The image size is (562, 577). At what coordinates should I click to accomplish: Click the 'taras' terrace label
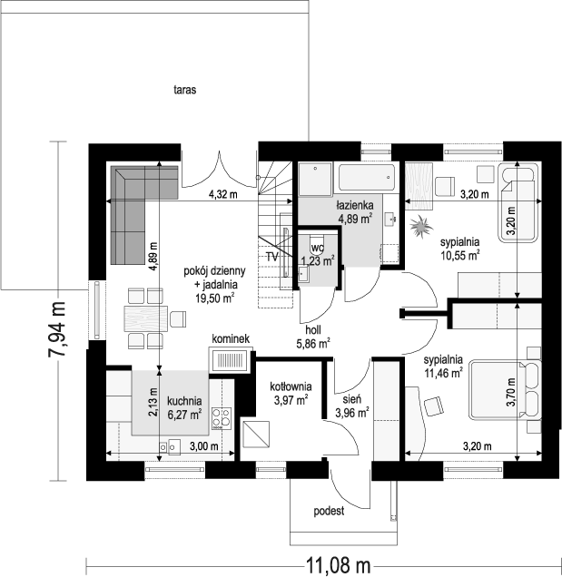(185, 90)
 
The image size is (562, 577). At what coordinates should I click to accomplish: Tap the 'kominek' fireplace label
(231, 338)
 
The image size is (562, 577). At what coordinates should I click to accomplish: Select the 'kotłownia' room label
(291, 386)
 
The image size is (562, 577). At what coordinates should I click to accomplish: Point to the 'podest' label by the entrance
(329, 511)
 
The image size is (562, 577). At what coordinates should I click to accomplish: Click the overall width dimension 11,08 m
(338, 563)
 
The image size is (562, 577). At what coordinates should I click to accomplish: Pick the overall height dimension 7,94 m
(56, 329)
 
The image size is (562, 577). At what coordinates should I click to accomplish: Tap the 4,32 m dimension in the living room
(223, 194)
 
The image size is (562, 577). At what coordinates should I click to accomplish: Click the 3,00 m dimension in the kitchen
(204, 446)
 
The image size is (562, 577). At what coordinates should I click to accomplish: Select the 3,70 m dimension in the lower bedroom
(511, 392)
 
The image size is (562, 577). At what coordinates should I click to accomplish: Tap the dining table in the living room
(146, 318)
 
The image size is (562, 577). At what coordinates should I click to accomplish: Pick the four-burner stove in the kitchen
(222, 418)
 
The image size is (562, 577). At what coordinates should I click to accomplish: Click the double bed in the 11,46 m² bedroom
(506, 391)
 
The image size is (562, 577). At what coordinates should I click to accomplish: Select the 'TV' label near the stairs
(272, 257)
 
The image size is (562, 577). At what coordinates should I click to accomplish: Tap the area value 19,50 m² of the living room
(215, 298)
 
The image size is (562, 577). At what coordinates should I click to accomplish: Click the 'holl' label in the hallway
(313, 329)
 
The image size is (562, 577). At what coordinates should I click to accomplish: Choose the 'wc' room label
(317, 248)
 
